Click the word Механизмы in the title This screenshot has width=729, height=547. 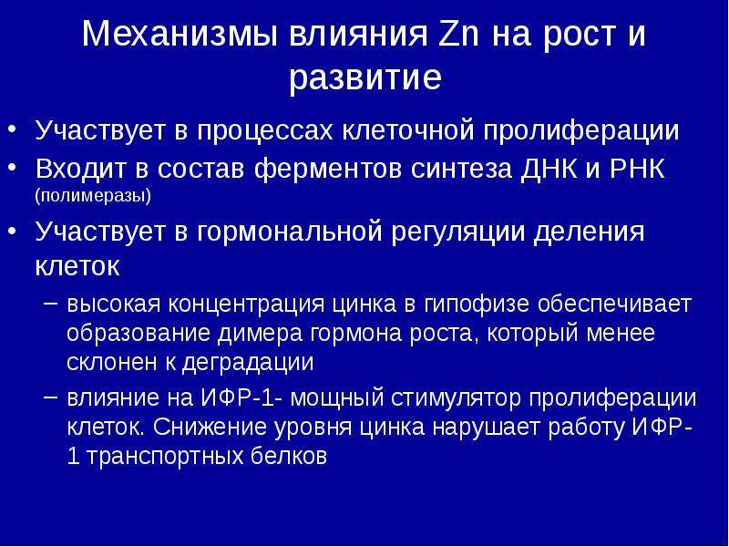tap(180, 35)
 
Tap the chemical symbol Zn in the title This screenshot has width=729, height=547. tap(458, 34)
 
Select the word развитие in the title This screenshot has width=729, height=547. tap(365, 77)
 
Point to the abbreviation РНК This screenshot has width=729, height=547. tap(637, 168)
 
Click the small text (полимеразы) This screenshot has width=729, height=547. tap(93, 196)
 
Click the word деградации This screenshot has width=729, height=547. tap(247, 363)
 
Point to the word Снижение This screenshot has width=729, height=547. tap(210, 427)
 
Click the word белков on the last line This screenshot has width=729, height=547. tap(289, 456)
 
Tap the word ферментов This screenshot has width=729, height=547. tap(327, 170)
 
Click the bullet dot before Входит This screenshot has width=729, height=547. tap(12, 167)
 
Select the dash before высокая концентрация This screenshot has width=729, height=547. tap(51, 303)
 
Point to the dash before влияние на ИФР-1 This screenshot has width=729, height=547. tap(51, 397)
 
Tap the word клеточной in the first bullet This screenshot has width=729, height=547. tap(407, 130)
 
